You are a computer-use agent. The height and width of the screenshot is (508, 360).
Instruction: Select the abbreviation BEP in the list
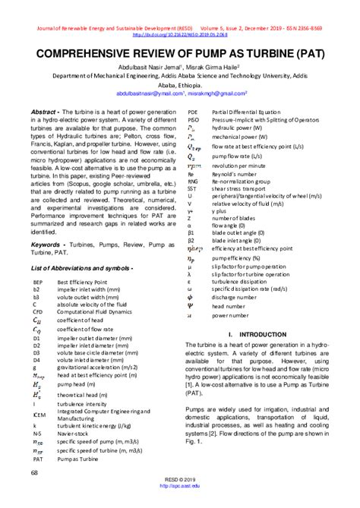point(39,281)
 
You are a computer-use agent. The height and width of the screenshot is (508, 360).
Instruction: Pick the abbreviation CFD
point(39,311)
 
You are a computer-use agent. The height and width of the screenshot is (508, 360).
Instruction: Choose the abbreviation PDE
point(194,112)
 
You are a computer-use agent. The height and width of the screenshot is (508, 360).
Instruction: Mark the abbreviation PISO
point(194,119)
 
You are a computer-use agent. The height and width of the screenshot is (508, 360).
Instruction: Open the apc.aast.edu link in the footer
point(179,487)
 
